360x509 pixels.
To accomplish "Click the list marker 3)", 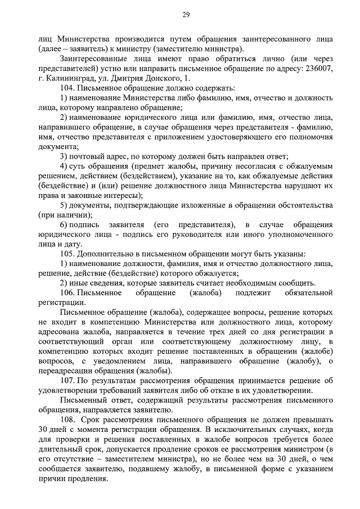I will [64, 156].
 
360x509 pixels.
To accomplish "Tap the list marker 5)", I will [64, 204].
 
